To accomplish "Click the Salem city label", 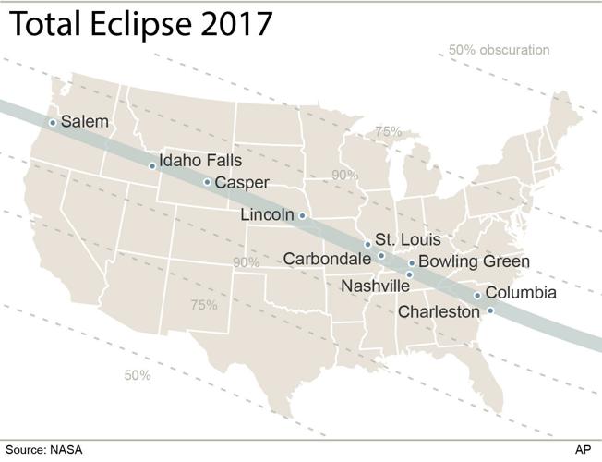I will [x=84, y=121].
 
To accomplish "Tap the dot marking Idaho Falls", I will [x=152, y=166].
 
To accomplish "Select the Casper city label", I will [x=242, y=182].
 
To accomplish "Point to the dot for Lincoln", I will [x=302, y=215].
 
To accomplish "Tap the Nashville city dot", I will [x=409, y=274].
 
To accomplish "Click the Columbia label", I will [x=521, y=293].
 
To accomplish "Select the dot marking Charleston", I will [x=490, y=310].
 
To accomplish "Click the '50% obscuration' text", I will [x=499, y=50].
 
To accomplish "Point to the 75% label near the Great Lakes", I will [x=388, y=131].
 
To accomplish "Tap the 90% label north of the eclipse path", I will [x=345, y=175].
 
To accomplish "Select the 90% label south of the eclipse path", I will [x=246, y=262].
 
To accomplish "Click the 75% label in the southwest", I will [x=203, y=305].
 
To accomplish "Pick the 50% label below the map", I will [x=138, y=375].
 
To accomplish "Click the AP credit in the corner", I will [x=583, y=450].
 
